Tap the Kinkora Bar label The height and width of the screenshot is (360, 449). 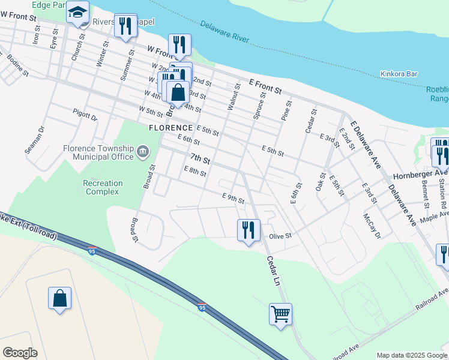point(398,74)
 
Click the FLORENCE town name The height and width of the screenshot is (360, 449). point(171,128)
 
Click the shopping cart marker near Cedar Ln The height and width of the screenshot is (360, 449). point(280,314)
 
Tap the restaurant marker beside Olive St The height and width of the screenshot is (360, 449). point(248,229)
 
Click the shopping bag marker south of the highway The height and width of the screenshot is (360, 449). point(60,298)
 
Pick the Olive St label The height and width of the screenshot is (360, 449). point(280,236)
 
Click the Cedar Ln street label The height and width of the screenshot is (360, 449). point(274,270)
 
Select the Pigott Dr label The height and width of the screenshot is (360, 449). point(85,115)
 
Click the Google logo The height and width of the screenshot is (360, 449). point(20,353)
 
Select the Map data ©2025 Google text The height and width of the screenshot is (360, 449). point(411,355)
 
